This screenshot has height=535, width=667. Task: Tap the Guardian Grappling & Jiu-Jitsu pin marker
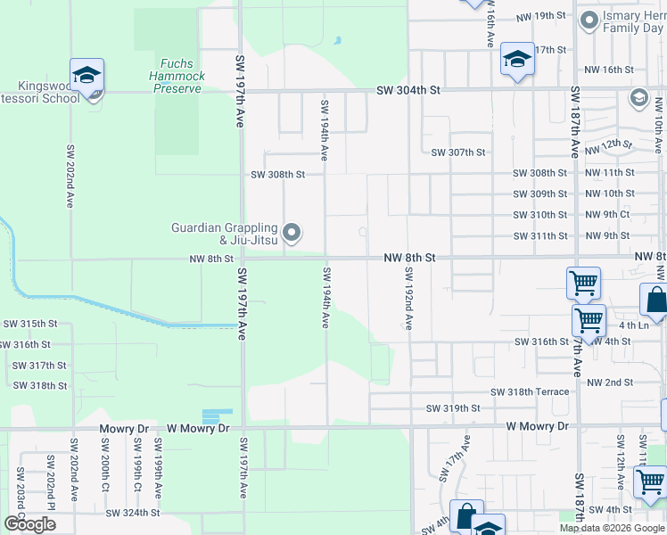[292, 235]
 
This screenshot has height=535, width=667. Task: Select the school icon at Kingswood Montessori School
[87, 76]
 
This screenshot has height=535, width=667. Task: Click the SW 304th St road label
[408, 90]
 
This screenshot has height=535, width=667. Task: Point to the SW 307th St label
[457, 152]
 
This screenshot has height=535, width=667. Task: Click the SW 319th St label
[453, 408]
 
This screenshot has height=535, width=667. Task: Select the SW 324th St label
[132, 513]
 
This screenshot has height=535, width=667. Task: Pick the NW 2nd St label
[609, 383]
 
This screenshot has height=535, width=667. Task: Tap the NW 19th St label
[541, 17]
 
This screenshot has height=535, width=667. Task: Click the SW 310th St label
[539, 215]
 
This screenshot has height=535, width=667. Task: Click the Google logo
[29, 524]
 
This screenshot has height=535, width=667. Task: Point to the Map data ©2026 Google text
[613, 528]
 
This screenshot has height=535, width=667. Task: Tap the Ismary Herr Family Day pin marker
[589, 20]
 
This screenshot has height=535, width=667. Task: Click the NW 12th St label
[610, 144]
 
